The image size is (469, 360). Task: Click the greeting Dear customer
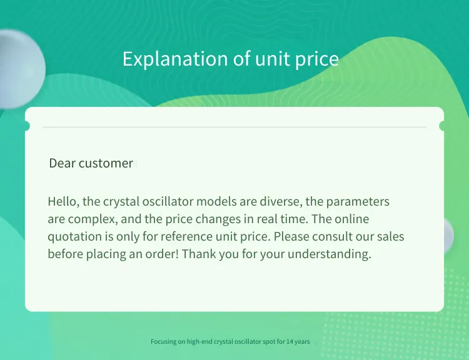pyautogui.click(x=91, y=163)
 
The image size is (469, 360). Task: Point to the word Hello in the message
pyautogui.click(x=63, y=201)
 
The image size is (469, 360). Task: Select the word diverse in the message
pyautogui.click(x=281, y=201)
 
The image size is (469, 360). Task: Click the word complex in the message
pyautogui.click(x=93, y=219)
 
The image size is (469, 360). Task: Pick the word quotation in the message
pyautogui.click(x=75, y=236)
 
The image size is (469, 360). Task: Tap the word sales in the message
pyautogui.click(x=390, y=236)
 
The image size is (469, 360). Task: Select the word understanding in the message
pyautogui.click(x=330, y=254)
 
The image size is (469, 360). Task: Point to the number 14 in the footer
pyautogui.click(x=290, y=341)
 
